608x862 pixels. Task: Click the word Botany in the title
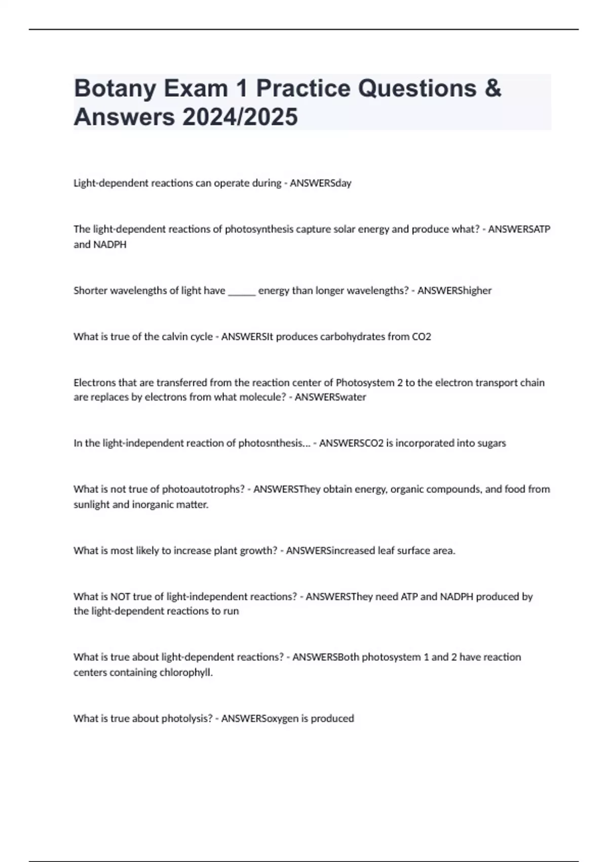click(115, 89)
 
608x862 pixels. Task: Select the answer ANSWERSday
click(320, 183)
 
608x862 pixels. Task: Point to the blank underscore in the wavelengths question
click(242, 291)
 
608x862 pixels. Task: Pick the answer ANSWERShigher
click(454, 291)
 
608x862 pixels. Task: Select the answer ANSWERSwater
click(330, 397)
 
